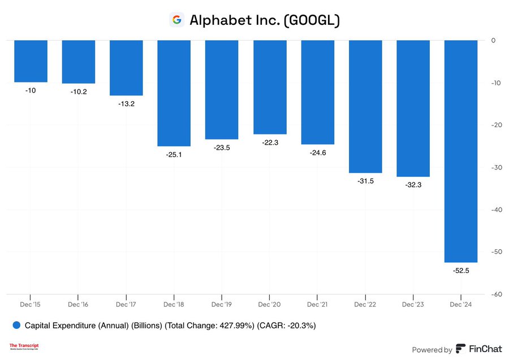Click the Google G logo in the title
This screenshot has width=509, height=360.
point(177,20)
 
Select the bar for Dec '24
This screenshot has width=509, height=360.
point(461,151)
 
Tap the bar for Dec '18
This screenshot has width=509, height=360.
point(174,93)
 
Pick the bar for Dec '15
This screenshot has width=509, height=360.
point(31,61)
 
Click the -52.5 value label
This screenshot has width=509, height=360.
point(461,271)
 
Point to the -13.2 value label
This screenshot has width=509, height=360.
point(126,104)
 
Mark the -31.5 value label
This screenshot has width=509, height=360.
point(365,181)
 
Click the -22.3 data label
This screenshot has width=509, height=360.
point(269,142)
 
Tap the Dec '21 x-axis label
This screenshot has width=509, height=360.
point(317,304)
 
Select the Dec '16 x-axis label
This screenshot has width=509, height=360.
point(78,304)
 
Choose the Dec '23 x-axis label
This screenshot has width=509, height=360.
point(413,304)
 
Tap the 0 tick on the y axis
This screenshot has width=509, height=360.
point(493,41)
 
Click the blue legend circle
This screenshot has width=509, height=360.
point(16,326)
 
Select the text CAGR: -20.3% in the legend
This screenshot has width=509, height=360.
point(287,326)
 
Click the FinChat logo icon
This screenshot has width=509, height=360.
point(461,349)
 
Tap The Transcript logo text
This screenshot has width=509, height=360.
point(24,345)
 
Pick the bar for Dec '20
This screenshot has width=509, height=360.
point(269,87)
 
